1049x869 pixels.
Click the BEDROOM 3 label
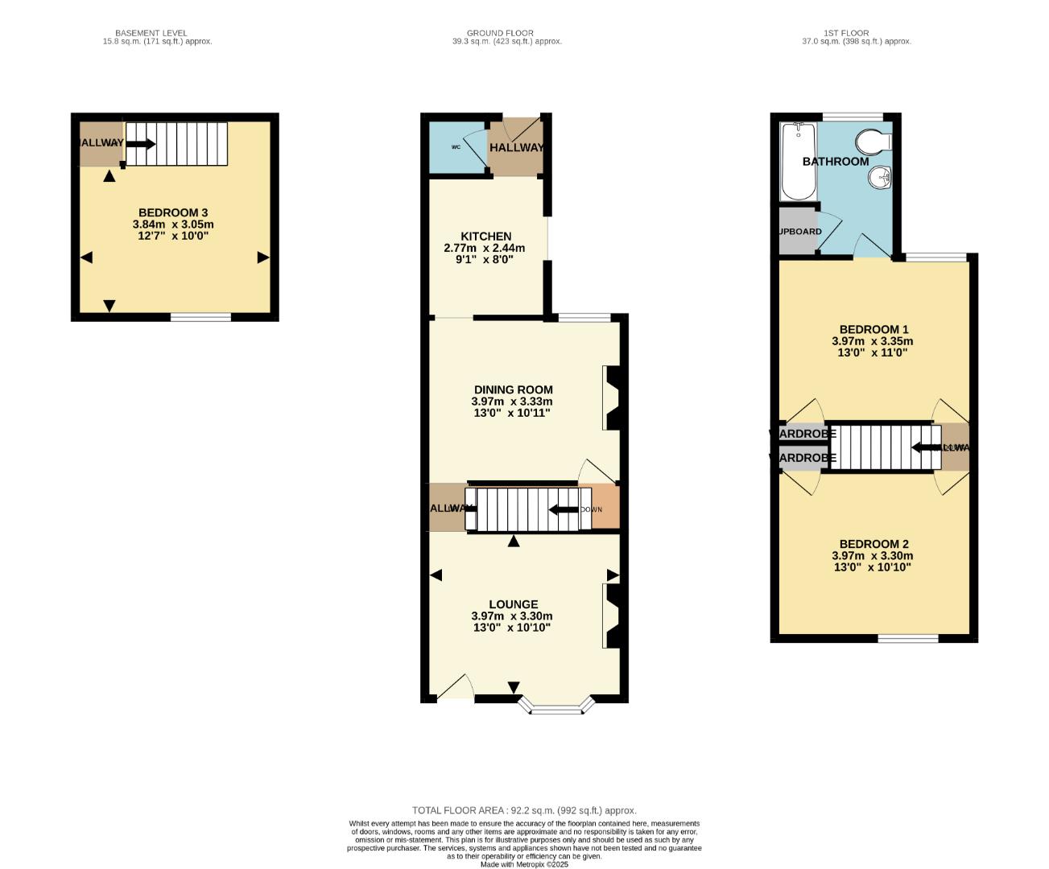[x=173, y=212]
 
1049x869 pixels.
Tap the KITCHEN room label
[x=485, y=237]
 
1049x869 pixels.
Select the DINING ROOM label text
[x=513, y=390]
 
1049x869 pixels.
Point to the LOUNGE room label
[x=513, y=604]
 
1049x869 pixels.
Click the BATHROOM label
[x=836, y=161]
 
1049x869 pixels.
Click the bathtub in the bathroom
[x=798, y=161]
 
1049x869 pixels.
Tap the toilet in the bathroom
[x=872, y=142]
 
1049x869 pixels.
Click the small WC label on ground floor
[x=456, y=147]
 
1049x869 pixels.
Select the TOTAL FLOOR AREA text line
[x=524, y=810]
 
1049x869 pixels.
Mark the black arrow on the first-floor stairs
[x=925, y=448]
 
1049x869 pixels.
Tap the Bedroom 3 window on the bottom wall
[x=200, y=317]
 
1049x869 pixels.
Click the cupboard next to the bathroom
[x=798, y=232]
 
